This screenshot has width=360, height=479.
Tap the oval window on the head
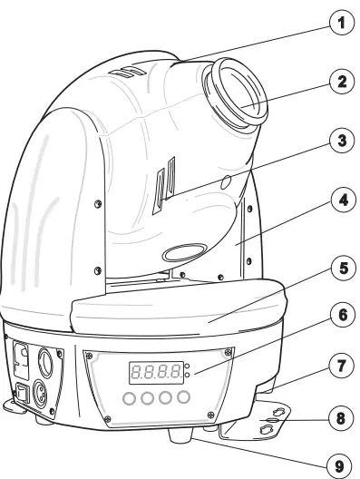(x=185, y=253)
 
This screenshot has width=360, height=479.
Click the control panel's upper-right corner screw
(x=229, y=351)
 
